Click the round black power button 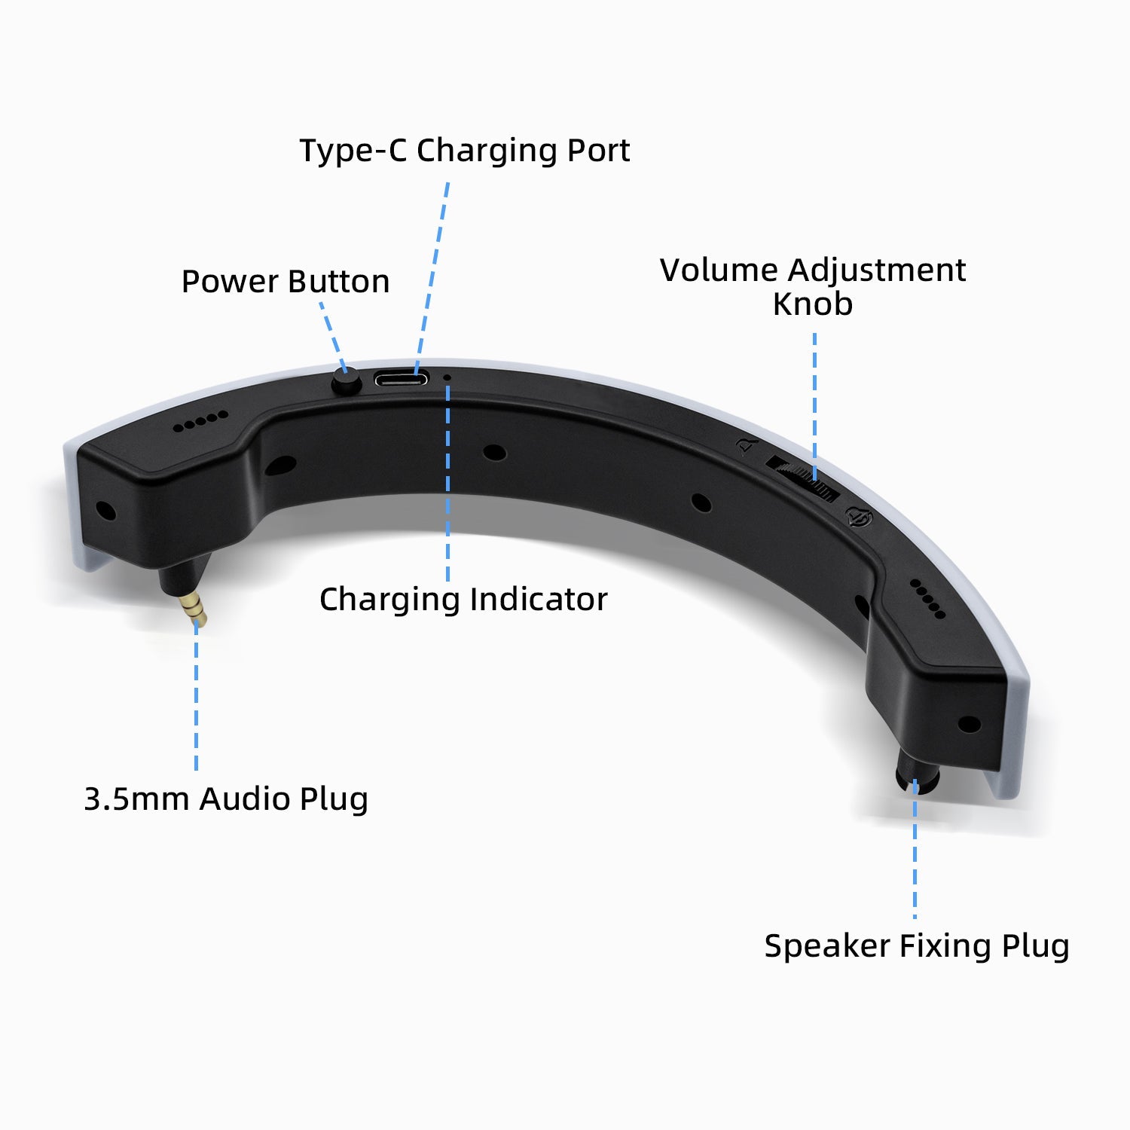click(347, 383)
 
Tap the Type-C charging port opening click(402, 378)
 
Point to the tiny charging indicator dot click(447, 377)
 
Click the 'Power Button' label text click(286, 281)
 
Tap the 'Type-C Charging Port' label click(464, 150)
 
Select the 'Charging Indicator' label click(463, 600)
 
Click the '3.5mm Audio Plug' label click(226, 799)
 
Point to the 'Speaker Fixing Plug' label click(917, 946)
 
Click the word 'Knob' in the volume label click(813, 304)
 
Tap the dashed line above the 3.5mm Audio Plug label click(197, 694)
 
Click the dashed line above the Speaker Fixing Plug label click(915, 849)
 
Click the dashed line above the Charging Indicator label click(448, 483)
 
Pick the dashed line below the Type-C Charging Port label click(432, 278)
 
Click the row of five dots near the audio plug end click(200, 421)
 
